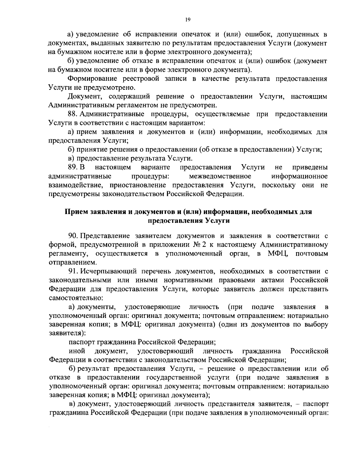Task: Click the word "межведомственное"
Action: point(220,176)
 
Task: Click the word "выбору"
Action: point(316,324)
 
